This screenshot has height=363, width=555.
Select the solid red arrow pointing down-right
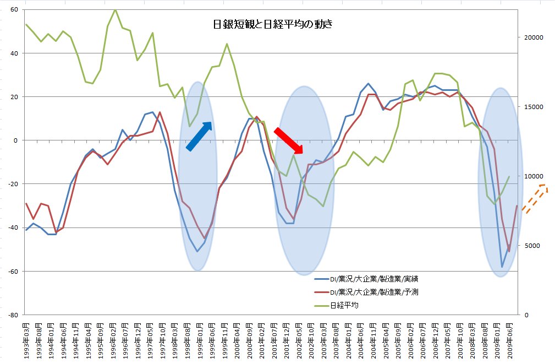pos(289,140)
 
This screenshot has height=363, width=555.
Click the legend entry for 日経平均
pos(345,305)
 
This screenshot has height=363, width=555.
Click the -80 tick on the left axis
pos(13,315)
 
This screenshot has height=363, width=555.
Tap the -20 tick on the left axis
pos(13,184)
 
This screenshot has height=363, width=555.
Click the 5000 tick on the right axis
pos(533,246)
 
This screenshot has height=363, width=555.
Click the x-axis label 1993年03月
pos(26,340)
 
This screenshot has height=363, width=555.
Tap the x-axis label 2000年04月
pos(238,340)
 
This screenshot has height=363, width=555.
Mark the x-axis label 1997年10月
pos(163,340)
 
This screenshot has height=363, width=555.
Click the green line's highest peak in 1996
pos(115,9)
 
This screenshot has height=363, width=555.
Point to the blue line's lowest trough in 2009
pos(502,267)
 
